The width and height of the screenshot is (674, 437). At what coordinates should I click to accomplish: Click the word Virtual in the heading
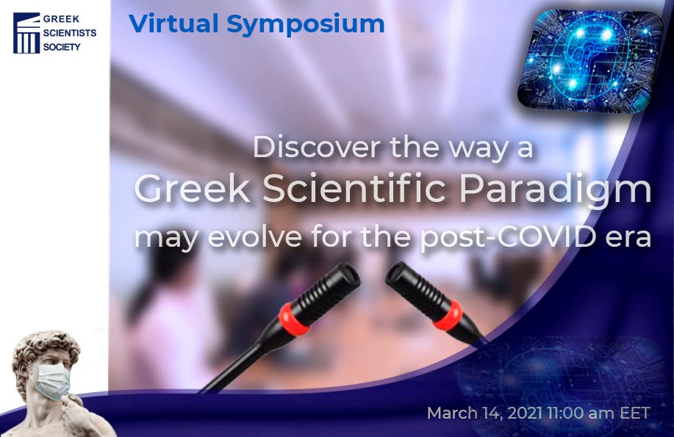point(173,24)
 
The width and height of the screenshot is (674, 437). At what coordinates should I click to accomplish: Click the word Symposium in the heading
point(305,25)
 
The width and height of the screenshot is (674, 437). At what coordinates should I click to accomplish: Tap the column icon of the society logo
point(26,33)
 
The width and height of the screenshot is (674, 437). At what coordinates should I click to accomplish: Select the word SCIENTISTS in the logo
point(70,33)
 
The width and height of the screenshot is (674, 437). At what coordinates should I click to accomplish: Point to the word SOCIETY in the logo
point(62,47)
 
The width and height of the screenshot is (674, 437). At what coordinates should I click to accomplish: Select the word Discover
point(318,148)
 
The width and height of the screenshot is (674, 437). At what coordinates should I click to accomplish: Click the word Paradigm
point(556,191)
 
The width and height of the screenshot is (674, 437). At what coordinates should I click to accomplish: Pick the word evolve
point(254,237)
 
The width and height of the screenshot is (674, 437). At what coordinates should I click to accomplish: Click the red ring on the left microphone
point(294,319)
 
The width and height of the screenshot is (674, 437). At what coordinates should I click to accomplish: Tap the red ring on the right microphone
point(448,315)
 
